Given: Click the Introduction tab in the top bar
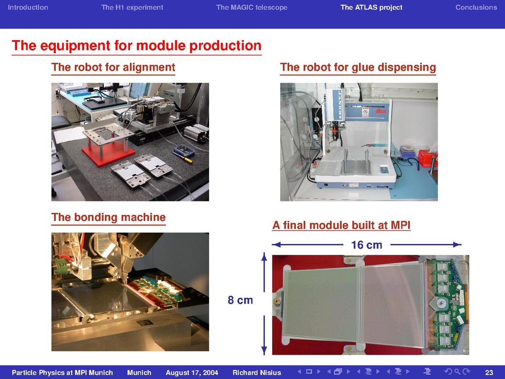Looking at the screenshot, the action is [x=28, y=8].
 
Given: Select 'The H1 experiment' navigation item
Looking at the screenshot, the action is [x=132, y=8].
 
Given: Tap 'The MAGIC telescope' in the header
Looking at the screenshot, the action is [x=252, y=8].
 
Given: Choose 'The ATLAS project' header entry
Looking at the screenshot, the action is [x=371, y=8].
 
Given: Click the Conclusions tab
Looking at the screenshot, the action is [x=476, y=8].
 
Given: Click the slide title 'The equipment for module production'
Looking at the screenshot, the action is [x=137, y=45].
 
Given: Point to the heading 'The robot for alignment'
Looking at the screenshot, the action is [x=114, y=67].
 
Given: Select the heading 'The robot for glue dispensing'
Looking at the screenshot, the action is [x=358, y=67].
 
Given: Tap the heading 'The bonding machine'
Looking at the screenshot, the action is [x=108, y=217].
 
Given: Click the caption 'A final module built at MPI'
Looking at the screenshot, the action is [x=341, y=225].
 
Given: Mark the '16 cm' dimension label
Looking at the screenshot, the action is [x=367, y=245].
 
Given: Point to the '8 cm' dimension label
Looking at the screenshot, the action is [x=240, y=300].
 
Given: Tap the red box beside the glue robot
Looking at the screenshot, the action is [x=427, y=158].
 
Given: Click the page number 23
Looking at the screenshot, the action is [x=489, y=373].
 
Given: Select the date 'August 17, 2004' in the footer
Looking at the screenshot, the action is [x=192, y=373].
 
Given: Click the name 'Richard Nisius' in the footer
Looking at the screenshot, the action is [x=257, y=373].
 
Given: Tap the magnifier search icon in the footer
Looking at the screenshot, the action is [x=457, y=371].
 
